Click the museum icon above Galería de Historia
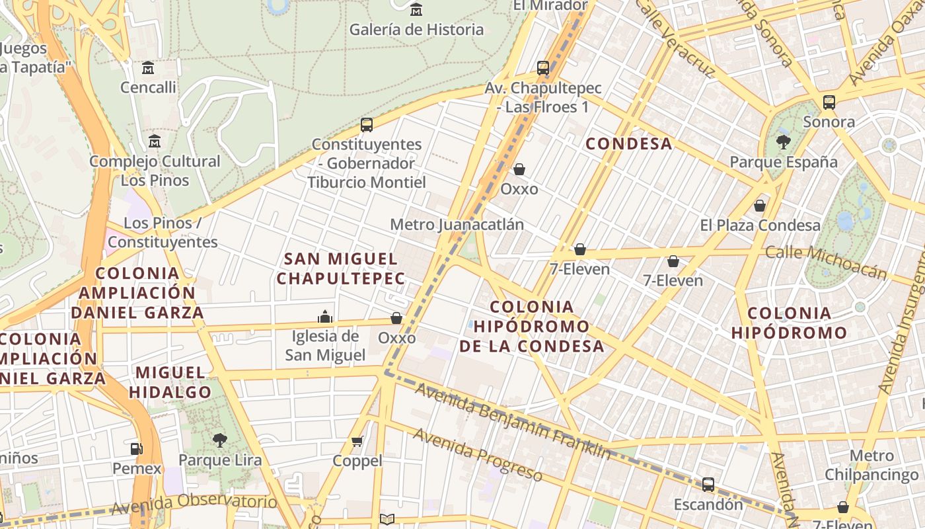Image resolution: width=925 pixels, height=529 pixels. pyautogui.click(x=416, y=10)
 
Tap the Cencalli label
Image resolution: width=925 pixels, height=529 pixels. pyautogui.click(x=148, y=87)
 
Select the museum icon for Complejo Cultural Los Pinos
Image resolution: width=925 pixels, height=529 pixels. pyautogui.click(x=155, y=141)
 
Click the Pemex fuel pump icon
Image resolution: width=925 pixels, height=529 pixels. pyautogui.click(x=136, y=449)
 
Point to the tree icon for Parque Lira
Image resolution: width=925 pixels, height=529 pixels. pyautogui.click(x=219, y=440)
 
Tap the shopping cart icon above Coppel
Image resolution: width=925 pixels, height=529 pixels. pyautogui.click(x=357, y=441)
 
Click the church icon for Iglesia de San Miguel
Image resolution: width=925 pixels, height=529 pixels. pyautogui.click(x=324, y=317)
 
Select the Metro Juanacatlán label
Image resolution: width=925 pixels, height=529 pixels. pyautogui.click(x=457, y=225)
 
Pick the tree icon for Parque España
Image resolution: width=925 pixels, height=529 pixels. pyautogui.click(x=783, y=142)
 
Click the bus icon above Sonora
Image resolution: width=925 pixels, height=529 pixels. pyautogui.click(x=829, y=102)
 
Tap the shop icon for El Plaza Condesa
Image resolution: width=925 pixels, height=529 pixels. pyautogui.click(x=760, y=206)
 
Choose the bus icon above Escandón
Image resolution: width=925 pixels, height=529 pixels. pyautogui.click(x=708, y=485)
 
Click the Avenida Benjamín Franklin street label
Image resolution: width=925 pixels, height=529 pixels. pyautogui.click(x=513, y=421)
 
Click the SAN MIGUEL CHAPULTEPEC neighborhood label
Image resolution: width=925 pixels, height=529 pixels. pyautogui.click(x=340, y=268)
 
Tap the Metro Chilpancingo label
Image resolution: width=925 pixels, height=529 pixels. pyautogui.click(x=871, y=465)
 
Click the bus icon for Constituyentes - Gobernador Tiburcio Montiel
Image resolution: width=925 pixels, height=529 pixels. pyautogui.click(x=367, y=124)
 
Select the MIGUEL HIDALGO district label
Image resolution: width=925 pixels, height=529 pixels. pyautogui.click(x=170, y=382)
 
